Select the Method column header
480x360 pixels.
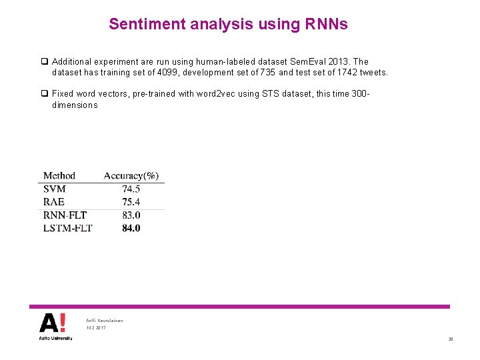(x=59, y=176)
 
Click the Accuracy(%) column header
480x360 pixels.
(x=131, y=176)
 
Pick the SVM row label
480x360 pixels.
(x=55, y=189)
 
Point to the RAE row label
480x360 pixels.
(x=54, y=202)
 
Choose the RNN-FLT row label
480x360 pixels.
(x=65, y=215)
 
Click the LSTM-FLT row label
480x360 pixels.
(x=67, y=229)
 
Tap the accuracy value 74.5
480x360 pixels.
(x=131, y=189)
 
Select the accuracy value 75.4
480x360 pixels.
(x=131, y=202)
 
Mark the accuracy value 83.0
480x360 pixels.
(x=131, y=215)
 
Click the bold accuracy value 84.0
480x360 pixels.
(x=131, y=229)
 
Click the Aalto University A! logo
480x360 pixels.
(x=53, y=324)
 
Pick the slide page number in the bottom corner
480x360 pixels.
(x=451, y=339)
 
